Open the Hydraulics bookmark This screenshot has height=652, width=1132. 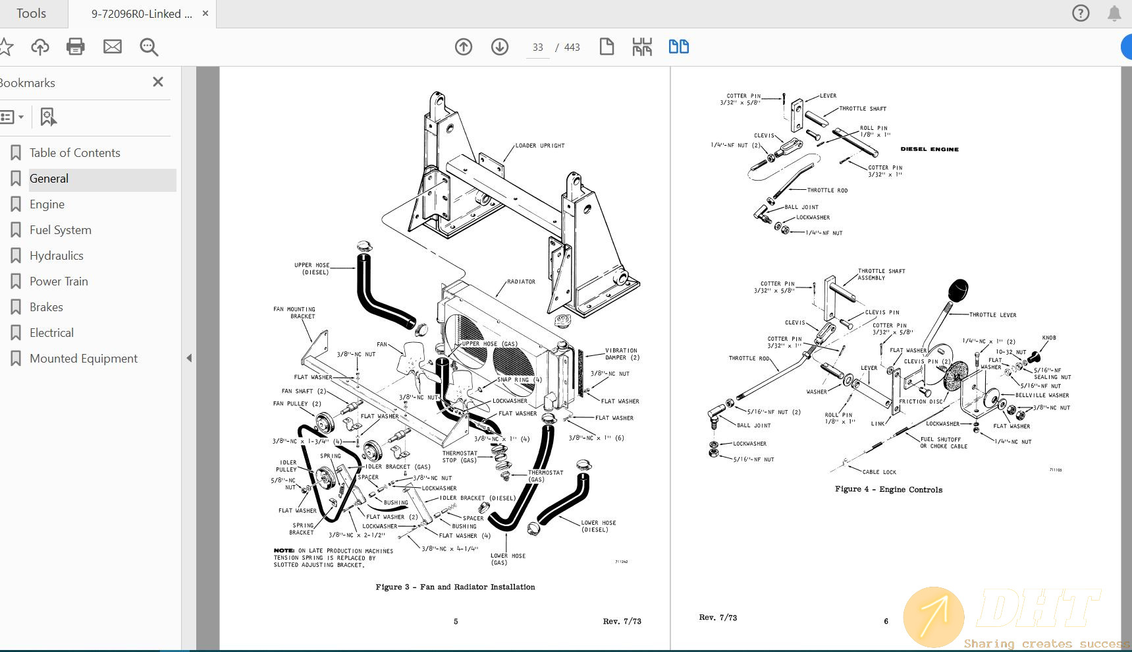56,256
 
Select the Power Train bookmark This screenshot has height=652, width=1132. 59,282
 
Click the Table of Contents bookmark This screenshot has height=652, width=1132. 74,153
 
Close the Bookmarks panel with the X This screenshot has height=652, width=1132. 158,82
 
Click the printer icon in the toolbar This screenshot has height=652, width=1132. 76,47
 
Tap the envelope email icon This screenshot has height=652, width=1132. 113,47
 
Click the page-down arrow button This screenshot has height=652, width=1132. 500,47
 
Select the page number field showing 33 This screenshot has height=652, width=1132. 538,47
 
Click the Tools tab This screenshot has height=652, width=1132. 31,13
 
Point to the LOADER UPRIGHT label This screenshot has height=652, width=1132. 539,146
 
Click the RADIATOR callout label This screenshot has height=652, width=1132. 521,282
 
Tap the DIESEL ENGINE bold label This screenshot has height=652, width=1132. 929,149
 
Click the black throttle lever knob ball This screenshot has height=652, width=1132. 958,289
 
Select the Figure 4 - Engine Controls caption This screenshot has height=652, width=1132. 888,489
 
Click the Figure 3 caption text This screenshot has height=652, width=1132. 455,587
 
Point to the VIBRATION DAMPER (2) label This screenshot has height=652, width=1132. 621,354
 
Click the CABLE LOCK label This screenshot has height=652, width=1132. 879,472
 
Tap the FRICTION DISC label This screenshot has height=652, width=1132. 921,401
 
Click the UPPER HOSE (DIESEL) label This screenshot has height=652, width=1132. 311,268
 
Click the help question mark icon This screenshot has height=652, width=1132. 1081,13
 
